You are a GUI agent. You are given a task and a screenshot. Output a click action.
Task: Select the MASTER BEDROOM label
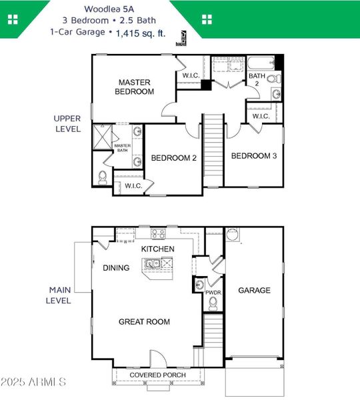coord(134,87)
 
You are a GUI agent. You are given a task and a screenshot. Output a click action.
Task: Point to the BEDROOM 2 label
coord(173,158)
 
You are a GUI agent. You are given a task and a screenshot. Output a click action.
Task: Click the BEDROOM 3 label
coord(253,156)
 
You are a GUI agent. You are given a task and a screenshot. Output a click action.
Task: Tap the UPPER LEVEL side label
coord(67,123)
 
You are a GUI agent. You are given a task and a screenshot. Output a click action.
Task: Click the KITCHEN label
coord(158,249)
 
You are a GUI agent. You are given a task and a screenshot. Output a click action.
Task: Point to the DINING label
coord(116,268)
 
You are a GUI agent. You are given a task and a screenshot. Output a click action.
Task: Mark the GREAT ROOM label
coord(144,322)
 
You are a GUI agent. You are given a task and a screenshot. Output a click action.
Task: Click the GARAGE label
coord(255,290)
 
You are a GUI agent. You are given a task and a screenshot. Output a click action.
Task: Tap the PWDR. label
coord(213,292)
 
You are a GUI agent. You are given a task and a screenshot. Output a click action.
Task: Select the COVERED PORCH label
coord(157,375)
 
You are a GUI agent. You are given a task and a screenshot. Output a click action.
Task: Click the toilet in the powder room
coord(213,303)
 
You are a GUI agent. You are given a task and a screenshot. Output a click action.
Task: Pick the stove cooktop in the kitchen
coord(158,233)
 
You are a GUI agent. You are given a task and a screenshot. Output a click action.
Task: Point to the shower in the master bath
coord(102,137)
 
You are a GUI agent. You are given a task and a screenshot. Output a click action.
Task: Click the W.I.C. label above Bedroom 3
coord(261,116)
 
